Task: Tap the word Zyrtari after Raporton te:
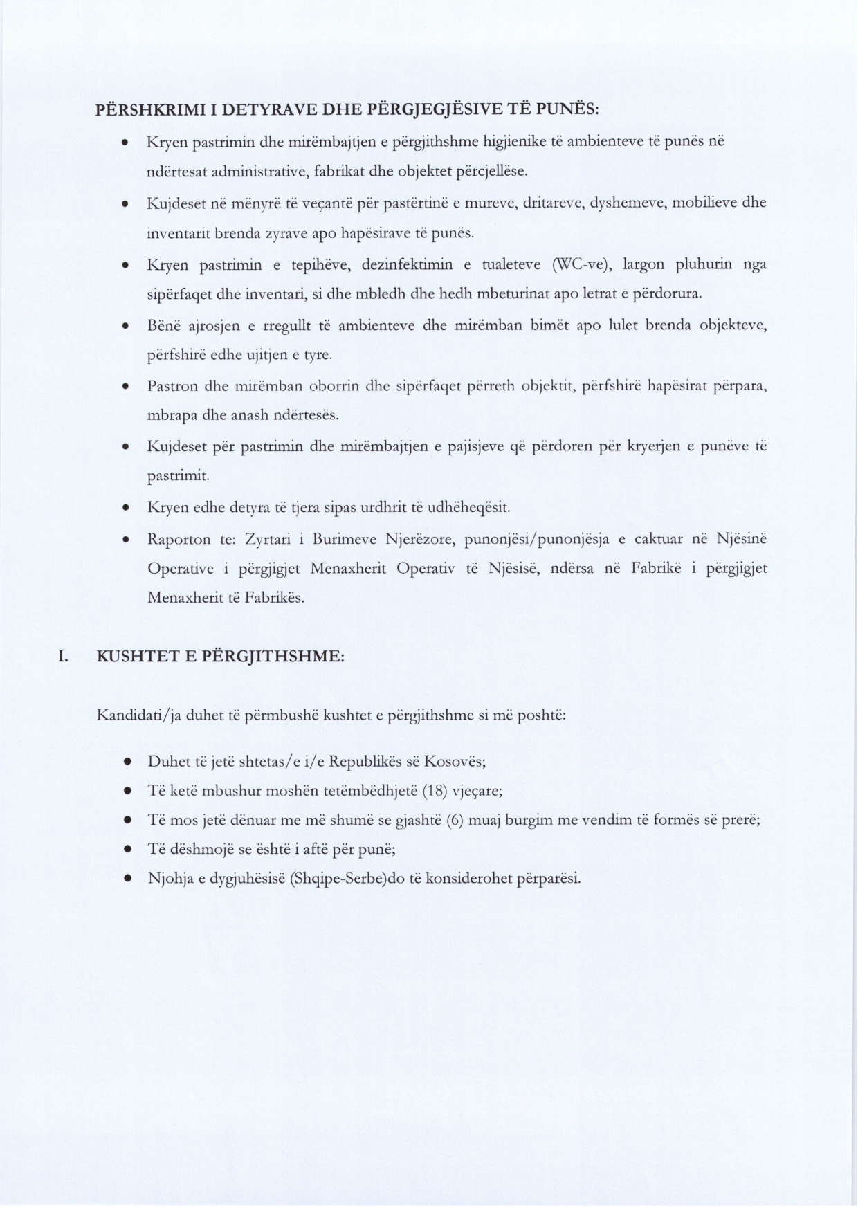coord(264,538)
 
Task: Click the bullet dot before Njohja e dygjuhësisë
coord(127,879)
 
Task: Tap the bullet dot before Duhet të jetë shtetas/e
coord(127,761)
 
